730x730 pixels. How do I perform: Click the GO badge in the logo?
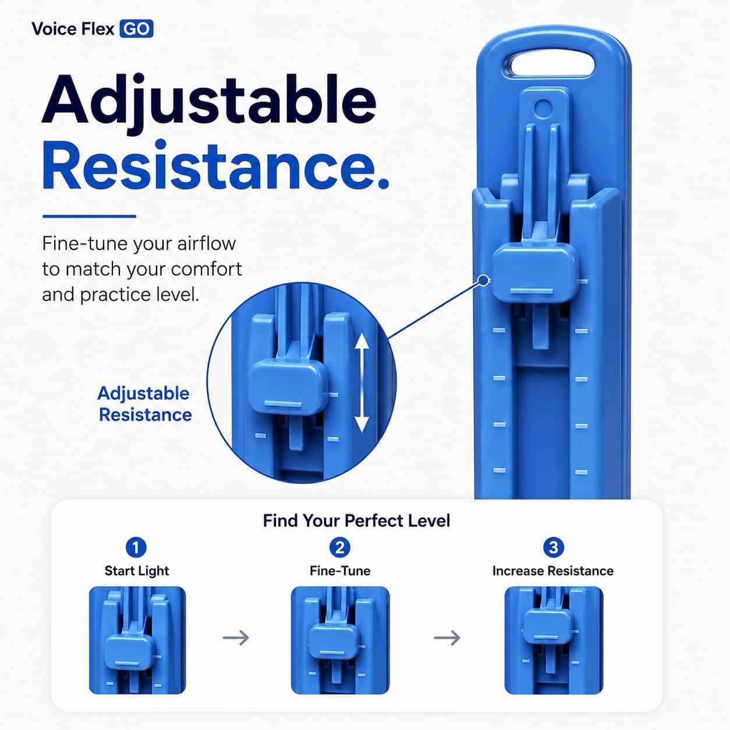tap(136, 29)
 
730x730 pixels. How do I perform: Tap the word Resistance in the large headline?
tap(215, 166)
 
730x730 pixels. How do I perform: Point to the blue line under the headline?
tap(90, 217)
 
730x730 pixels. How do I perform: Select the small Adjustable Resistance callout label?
tap(144, 404)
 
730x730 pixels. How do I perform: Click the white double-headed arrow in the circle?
tap(362, 382)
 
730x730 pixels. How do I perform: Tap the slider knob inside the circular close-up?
tap(288, 387)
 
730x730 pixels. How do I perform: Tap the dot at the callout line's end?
tap(483, 281)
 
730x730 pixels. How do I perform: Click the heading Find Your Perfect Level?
tap(356, 520)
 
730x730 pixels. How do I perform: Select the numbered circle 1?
tap(136, 547)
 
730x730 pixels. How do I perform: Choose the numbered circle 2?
tap(340, 547)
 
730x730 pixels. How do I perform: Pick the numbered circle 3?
tap(553, 547)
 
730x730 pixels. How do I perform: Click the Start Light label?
tap(137, 571)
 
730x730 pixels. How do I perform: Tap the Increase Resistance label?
tap(553, 570)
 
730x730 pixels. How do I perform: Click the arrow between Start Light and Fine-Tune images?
tap(236, 637)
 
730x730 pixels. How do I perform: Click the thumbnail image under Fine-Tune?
tap(340, 640)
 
